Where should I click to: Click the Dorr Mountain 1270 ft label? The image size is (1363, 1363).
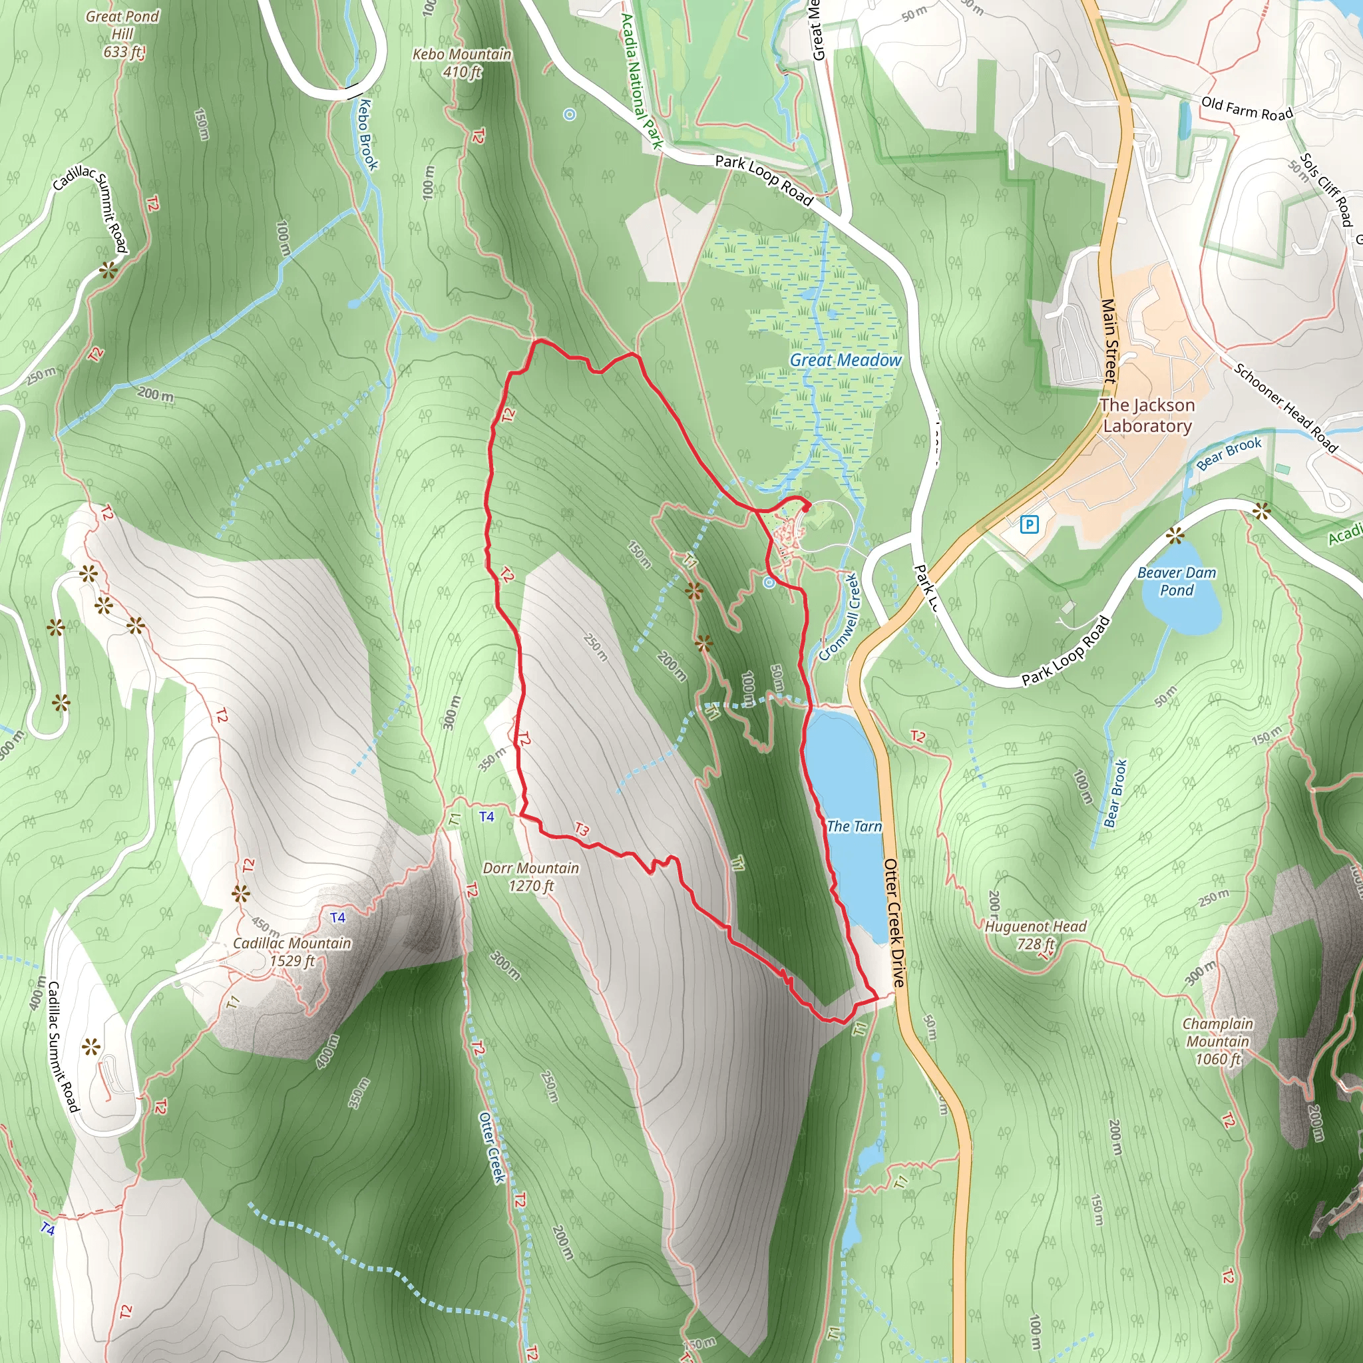pos(530,876)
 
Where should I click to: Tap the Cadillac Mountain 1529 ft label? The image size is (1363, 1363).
pos(292,952)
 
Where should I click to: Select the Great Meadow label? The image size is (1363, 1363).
pos(845,360)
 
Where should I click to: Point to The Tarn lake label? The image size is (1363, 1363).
pos(854,826)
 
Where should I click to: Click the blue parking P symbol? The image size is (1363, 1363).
pos(1030,524)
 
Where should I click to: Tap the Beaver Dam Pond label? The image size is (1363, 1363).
pos(1177,581)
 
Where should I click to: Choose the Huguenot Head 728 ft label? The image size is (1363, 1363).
pos(1036,935)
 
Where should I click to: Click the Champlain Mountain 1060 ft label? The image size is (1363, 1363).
pos(1218,1042)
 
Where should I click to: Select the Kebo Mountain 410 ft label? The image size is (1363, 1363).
pos(462,63)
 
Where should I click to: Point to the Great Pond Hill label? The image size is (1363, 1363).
pos(122,34)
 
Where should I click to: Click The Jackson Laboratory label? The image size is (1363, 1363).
pos(1147,415)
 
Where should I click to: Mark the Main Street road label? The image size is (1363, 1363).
pos(1109,341)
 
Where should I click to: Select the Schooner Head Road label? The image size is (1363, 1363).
pos(1285,407)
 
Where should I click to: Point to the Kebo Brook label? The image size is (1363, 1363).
pos(367,134)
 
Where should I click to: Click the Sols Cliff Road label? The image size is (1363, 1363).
pos(1326,190)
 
